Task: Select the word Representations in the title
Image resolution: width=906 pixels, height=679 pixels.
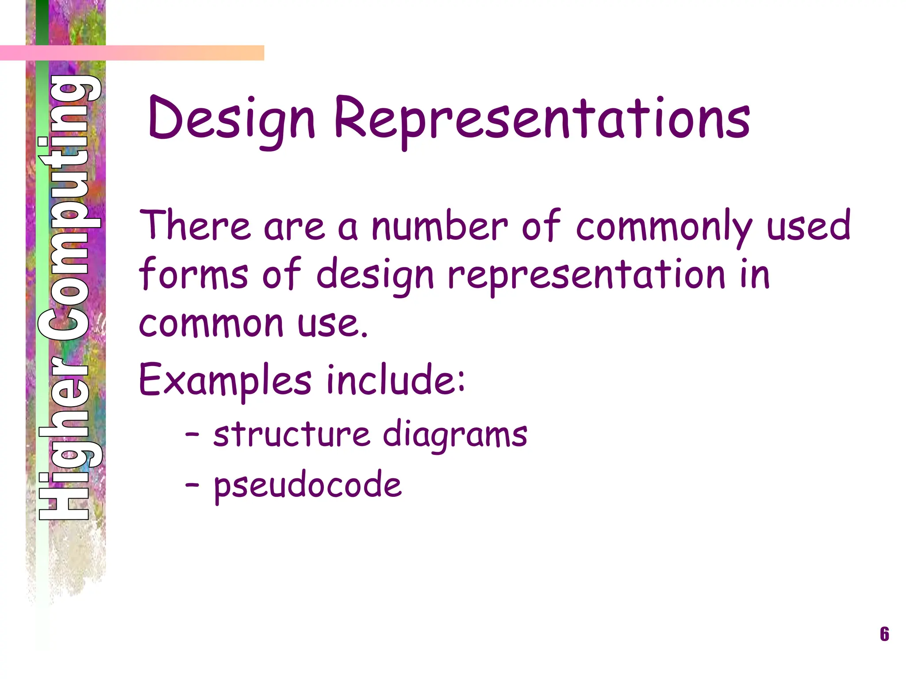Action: pyautogui.click(x=542, y=119)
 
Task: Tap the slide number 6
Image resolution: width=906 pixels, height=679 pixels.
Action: pyautogui.click(x=884, y=634)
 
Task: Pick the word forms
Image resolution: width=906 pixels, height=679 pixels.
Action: pyautogui.click(x=193, y=274)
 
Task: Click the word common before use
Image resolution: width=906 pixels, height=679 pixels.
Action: pyautogui.click(x=211, y=324)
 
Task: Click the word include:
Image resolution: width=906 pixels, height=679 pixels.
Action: pyautogui.click(x=395, y=379)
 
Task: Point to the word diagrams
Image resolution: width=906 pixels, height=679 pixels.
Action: pyautogui.click(x=455, y=435)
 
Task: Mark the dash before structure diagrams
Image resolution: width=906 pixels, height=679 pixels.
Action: pyautogui.click(x=192, y=435)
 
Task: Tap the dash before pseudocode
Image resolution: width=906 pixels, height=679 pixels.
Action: pyautogui.click(x=192, y=485)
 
